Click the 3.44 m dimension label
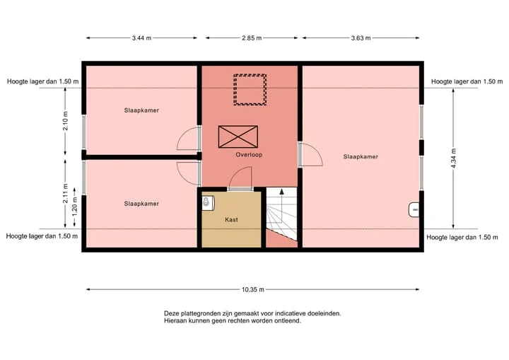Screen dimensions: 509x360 point(141,38)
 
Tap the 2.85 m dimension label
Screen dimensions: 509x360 point(252,38)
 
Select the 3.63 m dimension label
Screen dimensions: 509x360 point(361,38)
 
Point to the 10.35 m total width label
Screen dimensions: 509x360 point(253,289)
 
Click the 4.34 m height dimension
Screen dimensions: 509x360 point(454,158)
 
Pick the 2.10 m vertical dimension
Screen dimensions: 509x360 point(66,121)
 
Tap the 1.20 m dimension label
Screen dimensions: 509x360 point(75,207)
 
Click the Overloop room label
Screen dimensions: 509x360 point(249,155)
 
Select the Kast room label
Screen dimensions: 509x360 point(231,220)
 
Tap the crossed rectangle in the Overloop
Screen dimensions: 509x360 point(238,137)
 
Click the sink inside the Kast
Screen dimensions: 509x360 point(206,203)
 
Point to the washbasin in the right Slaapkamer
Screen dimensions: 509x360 point(414,210)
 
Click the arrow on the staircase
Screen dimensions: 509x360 point(282,201)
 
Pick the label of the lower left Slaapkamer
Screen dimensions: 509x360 point(141,204)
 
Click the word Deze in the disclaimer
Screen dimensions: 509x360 point(171,313)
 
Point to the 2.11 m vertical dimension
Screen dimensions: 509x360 point(66,194)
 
